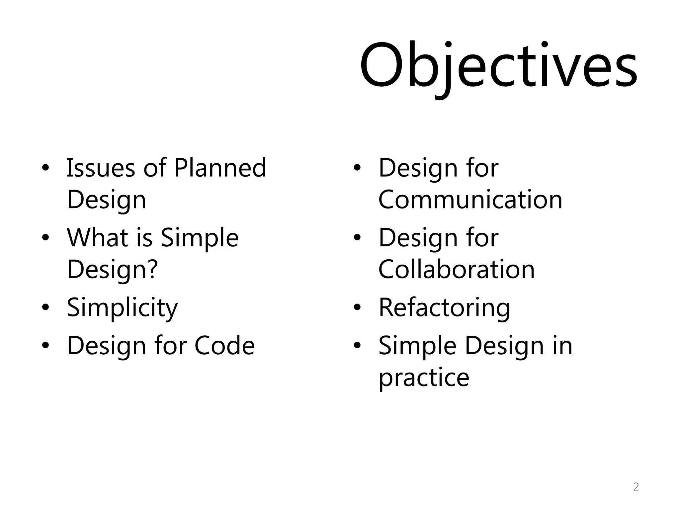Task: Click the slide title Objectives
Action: tap(498, 66)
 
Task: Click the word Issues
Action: tap(100, 168)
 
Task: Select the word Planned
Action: tap(220, 168)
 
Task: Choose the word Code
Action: tap(224, 346)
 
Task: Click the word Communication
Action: tap(470, 200)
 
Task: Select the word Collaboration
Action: tap(457, 269)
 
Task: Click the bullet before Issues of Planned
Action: tap(45, 168)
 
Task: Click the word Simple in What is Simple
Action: tap(200, 238)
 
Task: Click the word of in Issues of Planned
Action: tap(155, 168)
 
